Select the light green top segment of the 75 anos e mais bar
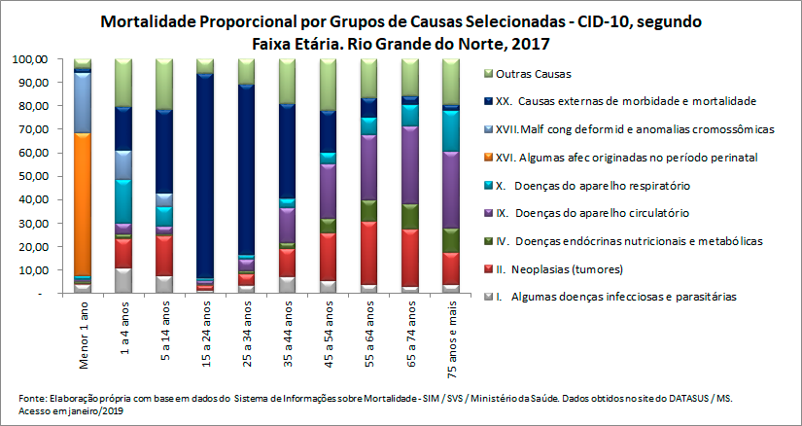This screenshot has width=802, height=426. pos(450,81)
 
